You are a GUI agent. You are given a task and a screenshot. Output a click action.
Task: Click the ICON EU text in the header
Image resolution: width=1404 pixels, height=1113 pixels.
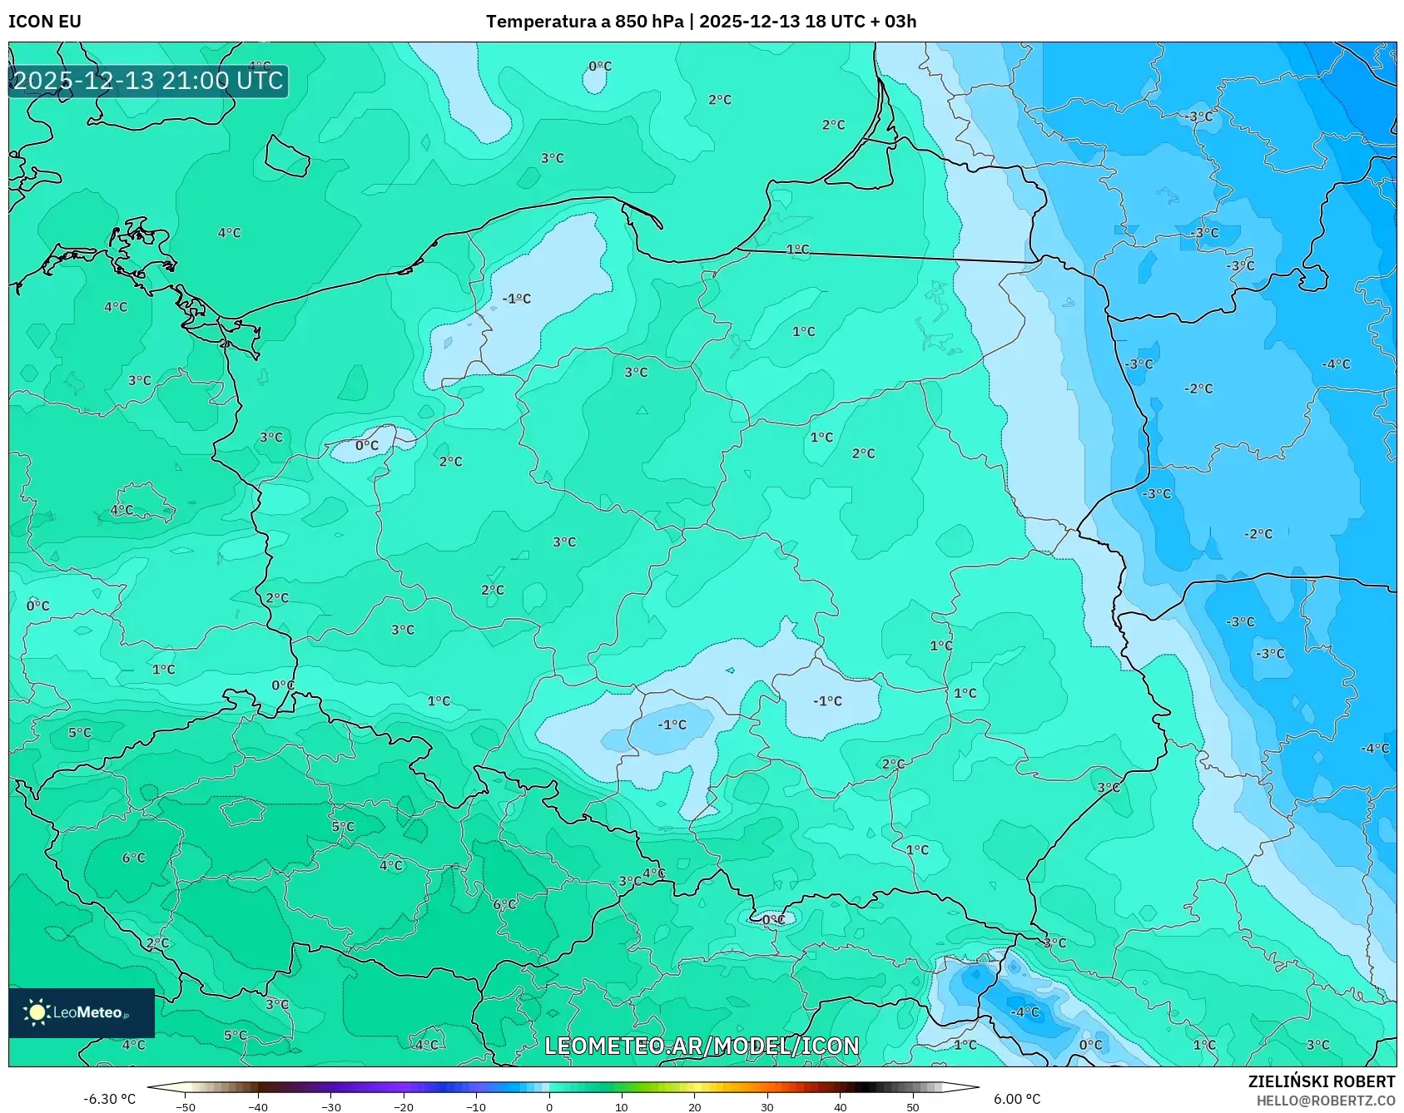pos(45,22)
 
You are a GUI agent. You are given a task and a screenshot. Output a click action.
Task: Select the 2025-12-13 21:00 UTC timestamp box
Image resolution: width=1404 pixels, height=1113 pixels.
pos(149,82)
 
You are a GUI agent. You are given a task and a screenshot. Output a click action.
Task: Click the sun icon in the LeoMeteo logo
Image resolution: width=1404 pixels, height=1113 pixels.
pos(37,1012)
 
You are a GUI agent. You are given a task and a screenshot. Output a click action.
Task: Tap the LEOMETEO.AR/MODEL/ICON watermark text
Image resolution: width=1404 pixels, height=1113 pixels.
pos(701,1046)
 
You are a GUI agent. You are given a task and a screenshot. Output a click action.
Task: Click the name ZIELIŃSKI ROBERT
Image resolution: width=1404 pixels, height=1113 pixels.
pos(1321,1081)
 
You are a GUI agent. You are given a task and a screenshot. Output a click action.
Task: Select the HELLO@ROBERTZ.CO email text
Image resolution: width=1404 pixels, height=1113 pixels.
pos(1325,1101)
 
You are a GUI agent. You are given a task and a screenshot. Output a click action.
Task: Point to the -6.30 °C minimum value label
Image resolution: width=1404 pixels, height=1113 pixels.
pos(109,1099)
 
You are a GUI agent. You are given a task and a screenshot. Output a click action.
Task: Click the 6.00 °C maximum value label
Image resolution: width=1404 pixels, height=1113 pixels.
pos(1017,1099)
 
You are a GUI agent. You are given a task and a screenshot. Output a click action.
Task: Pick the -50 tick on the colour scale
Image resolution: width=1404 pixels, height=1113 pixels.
pos(186,1107)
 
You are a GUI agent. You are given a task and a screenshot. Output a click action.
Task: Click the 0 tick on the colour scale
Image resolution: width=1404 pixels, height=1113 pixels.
pos(548,1107)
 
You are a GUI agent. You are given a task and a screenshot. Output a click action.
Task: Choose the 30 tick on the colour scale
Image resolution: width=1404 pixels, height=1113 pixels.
pos(767,1107)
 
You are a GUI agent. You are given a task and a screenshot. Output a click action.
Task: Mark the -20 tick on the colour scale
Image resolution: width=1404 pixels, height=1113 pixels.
pos(404,1107)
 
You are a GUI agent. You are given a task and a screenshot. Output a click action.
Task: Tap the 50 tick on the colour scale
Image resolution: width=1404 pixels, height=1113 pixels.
pos(913,1107)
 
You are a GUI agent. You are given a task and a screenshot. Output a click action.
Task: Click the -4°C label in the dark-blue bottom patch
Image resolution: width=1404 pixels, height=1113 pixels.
pos(1024,1012)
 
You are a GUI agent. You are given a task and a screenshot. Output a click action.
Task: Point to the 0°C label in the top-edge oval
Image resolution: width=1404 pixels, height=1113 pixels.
pos(600,67)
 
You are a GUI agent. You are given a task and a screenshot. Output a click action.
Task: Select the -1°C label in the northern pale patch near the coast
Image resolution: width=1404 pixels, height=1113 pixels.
pos(516,299)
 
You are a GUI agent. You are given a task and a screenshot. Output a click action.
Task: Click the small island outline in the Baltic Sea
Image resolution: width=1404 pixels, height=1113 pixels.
pos(287,156)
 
